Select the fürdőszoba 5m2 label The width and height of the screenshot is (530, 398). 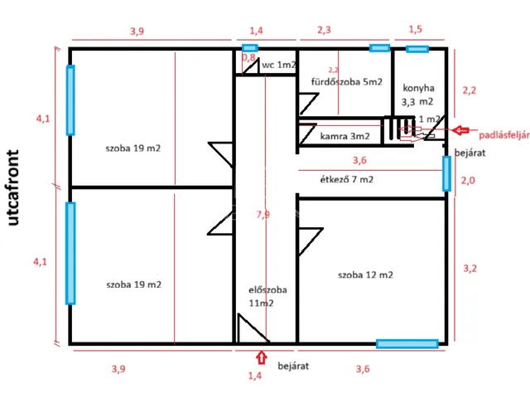(347, 82)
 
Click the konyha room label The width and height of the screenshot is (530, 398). (418, 89)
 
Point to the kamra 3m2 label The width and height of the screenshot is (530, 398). (345, 135)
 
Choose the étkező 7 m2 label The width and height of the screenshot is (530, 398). (346, 179)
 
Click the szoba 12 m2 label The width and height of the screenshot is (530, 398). (365, 274)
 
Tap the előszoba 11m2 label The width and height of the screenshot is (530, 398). (267, 296)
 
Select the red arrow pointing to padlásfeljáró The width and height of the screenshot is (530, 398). (461, 131)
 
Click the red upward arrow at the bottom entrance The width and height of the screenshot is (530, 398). (262, 358)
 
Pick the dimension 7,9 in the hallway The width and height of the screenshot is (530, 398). (264, 215)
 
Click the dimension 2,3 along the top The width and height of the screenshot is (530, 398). (325, 30)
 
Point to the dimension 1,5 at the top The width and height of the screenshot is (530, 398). (415, 30)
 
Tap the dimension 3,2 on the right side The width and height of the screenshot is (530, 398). (470, 268)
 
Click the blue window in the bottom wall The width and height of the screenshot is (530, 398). (407, 342)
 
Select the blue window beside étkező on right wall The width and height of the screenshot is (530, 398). (447, 173)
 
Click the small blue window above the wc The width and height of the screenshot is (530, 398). (249, 48)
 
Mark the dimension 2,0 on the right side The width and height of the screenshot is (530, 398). (468, 180)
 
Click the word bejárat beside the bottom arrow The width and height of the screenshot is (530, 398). (293, 365)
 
